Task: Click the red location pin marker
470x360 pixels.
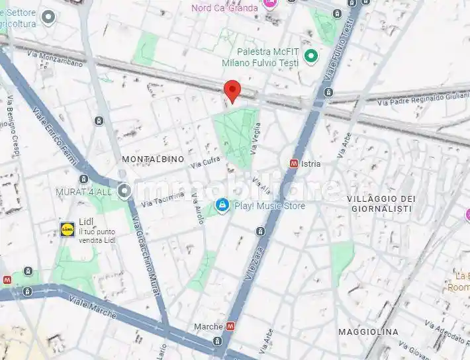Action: click(232, 91)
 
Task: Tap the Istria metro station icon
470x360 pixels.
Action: click(293, 163)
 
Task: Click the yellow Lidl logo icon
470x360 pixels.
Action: click(68, 229)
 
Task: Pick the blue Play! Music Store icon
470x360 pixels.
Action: click(222, 206)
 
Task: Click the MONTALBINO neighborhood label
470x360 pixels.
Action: click(153, 159)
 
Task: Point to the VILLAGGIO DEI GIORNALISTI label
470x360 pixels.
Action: click(381, 203)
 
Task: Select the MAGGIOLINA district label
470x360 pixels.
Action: click(368, 331)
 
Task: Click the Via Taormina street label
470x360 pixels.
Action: click(162, 197)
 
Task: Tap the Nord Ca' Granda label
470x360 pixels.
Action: click(225, 8)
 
